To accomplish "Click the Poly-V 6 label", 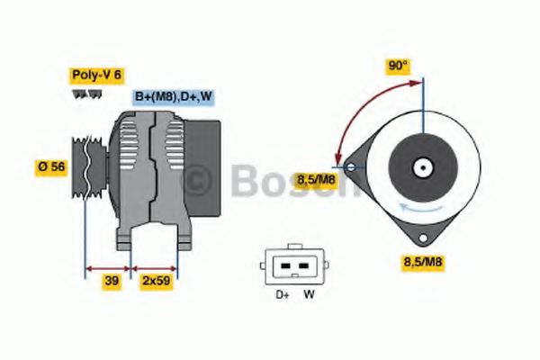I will click(x=95, y=78).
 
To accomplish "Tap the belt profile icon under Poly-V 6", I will click(x=82, y=94).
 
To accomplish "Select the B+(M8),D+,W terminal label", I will click(x=174, y=96).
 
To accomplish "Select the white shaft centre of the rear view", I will click(x=420, y=167).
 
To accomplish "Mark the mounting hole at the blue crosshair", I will click(x=350, y=166).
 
